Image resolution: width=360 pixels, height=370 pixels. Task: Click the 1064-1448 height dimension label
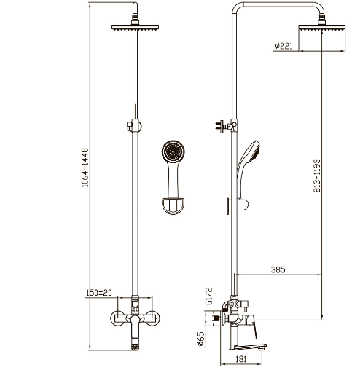pyautogui.click(x=85, y=168)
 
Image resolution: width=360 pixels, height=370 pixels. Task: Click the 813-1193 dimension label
pyautogui.click(x=317, y=176)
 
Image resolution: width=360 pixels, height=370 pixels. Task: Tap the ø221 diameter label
pyautogui.click(x=283, y=46)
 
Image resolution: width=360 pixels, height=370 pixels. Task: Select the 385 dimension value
pyautogui.click(x=278, y=269)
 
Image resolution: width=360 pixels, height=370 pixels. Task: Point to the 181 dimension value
pyautogui.click(x=241, y=359)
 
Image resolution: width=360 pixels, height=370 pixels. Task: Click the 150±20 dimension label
pyautogui.click(x=99, y=293)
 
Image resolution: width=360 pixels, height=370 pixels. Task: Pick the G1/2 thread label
pyautogui.click(x=209, y=296)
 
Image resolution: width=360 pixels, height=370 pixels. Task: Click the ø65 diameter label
pyautogui.click(x=201, y=339)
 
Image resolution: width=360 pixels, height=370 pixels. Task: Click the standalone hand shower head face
pyautogui.click(x=173, y=151)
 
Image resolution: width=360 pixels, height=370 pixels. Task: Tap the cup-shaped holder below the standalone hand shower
pyautogui.click(x=173, y=206)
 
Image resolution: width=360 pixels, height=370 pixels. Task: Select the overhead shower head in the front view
pyautogui.click(x=135, y=28)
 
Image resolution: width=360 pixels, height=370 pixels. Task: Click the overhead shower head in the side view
pyautogui.click(x=322, y=28)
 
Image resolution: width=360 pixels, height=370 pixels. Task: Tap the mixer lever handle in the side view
pyautogui.click(x=253, y=326)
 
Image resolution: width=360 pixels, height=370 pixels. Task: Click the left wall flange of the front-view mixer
pyautogui.click(x=117, y=318)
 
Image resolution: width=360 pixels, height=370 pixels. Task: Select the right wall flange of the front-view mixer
pyautogui.click(x=154, y=318)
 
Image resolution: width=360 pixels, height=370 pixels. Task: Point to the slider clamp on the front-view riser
pyautogui.click(x=134, y=125)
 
